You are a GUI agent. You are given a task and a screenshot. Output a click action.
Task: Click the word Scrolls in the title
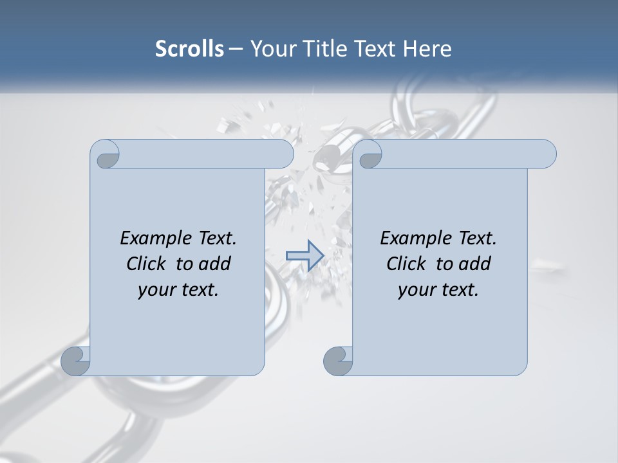point(189,49)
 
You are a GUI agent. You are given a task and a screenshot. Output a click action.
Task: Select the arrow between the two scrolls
point(304,255)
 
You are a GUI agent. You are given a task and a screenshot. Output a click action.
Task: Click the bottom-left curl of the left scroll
point(75,361)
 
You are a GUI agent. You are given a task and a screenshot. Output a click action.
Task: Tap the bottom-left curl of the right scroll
point(338,361)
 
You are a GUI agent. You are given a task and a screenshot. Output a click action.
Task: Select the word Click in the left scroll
point(147,264)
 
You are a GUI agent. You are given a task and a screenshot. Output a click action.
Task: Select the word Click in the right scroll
point(407,264)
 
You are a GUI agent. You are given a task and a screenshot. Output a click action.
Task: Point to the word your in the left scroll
point(157,291)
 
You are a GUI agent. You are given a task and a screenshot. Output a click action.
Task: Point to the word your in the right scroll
point(417,291)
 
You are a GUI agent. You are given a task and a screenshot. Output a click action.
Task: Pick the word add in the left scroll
point(214,264)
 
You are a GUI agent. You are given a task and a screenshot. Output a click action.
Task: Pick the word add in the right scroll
point(474,264)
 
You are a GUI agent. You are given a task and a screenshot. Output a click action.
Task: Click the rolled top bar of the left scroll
point(206,154)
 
